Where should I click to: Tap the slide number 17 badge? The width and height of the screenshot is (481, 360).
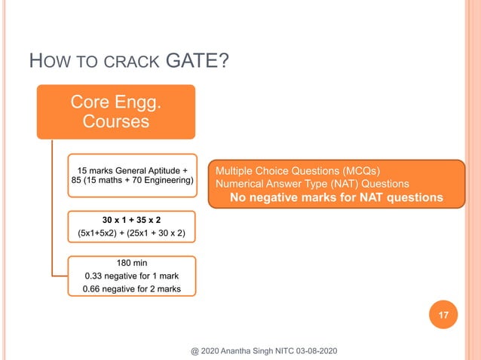(444, 317)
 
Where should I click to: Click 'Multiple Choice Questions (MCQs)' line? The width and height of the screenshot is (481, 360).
(293, 170)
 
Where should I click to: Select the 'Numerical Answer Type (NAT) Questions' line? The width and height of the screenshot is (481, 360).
(312, 183)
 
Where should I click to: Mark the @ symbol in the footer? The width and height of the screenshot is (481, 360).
(194, 351)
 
